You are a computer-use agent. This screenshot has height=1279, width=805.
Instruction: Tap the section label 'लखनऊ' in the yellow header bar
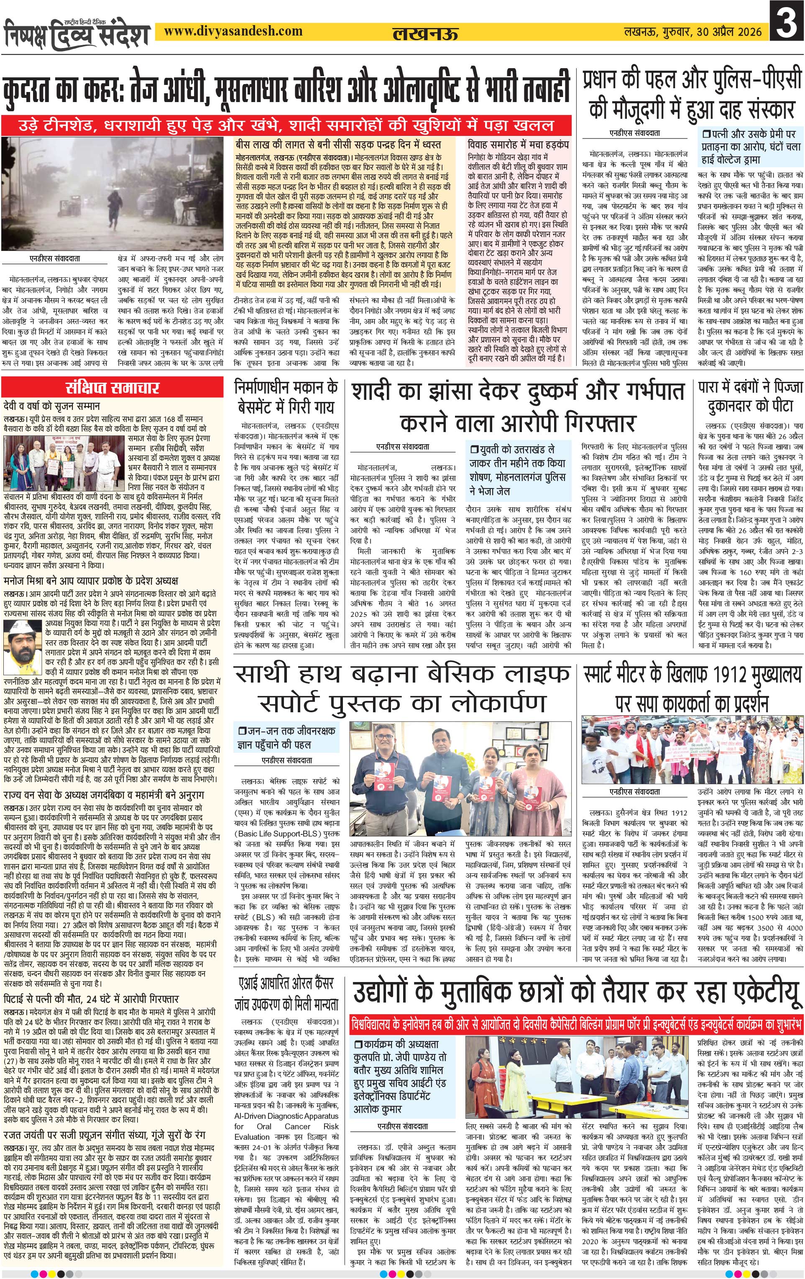coord(425,33)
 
